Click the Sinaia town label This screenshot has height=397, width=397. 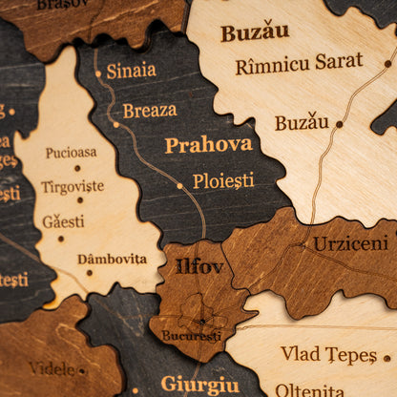coord(131,71)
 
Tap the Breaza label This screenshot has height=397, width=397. coord(149,111)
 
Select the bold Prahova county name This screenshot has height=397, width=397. coord(208,145)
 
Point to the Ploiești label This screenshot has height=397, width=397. coord(223,180)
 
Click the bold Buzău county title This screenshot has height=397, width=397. coord(255,32)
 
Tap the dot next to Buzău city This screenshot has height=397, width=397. coord(339,124)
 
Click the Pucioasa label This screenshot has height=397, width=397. coord(71,152)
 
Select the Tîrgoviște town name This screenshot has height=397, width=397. coord(73,186)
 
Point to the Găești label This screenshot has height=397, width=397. coord(63,221)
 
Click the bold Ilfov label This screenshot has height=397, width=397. coord(198,266)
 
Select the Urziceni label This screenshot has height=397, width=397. coord(350,244)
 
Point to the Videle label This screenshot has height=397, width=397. coord(52,368)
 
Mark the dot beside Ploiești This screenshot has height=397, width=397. coord(179,186)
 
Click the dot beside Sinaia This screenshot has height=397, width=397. coord(96,73)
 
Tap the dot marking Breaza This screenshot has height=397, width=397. coord(115,124)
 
